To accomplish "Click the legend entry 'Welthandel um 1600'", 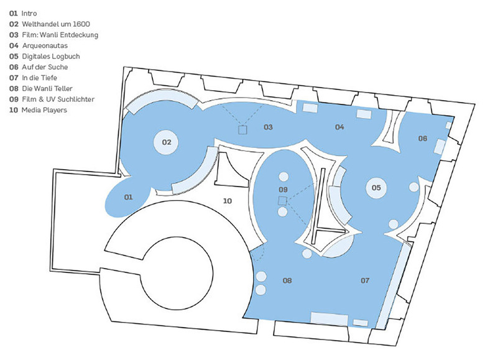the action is click(50, 24).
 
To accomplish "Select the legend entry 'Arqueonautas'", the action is click(39, 45).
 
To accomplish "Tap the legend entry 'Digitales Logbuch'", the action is click(45, 57).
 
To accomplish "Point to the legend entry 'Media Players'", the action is click(38, 110).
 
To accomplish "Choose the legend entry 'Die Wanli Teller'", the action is click(41, 88).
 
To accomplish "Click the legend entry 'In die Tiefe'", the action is click(33, 78).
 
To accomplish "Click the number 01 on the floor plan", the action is click(128, 197).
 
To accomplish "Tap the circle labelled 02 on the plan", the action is click(166, 142).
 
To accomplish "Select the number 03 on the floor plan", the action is click(268, 127).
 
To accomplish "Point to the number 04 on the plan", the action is click(339, 127).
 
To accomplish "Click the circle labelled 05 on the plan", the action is click(376, 188).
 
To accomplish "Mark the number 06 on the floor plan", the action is click(423, 138).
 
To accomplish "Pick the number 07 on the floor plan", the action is click(365, 280).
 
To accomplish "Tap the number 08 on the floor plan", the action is click(287, 280).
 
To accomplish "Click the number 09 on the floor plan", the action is click(283, 189).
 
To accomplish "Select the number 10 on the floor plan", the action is click(228, 201).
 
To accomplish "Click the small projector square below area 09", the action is click(282, 201).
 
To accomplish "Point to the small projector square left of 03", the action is click(242, 129).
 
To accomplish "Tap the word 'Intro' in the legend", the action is click(29, 13).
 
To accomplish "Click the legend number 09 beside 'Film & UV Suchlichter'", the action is click(14, 99).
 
